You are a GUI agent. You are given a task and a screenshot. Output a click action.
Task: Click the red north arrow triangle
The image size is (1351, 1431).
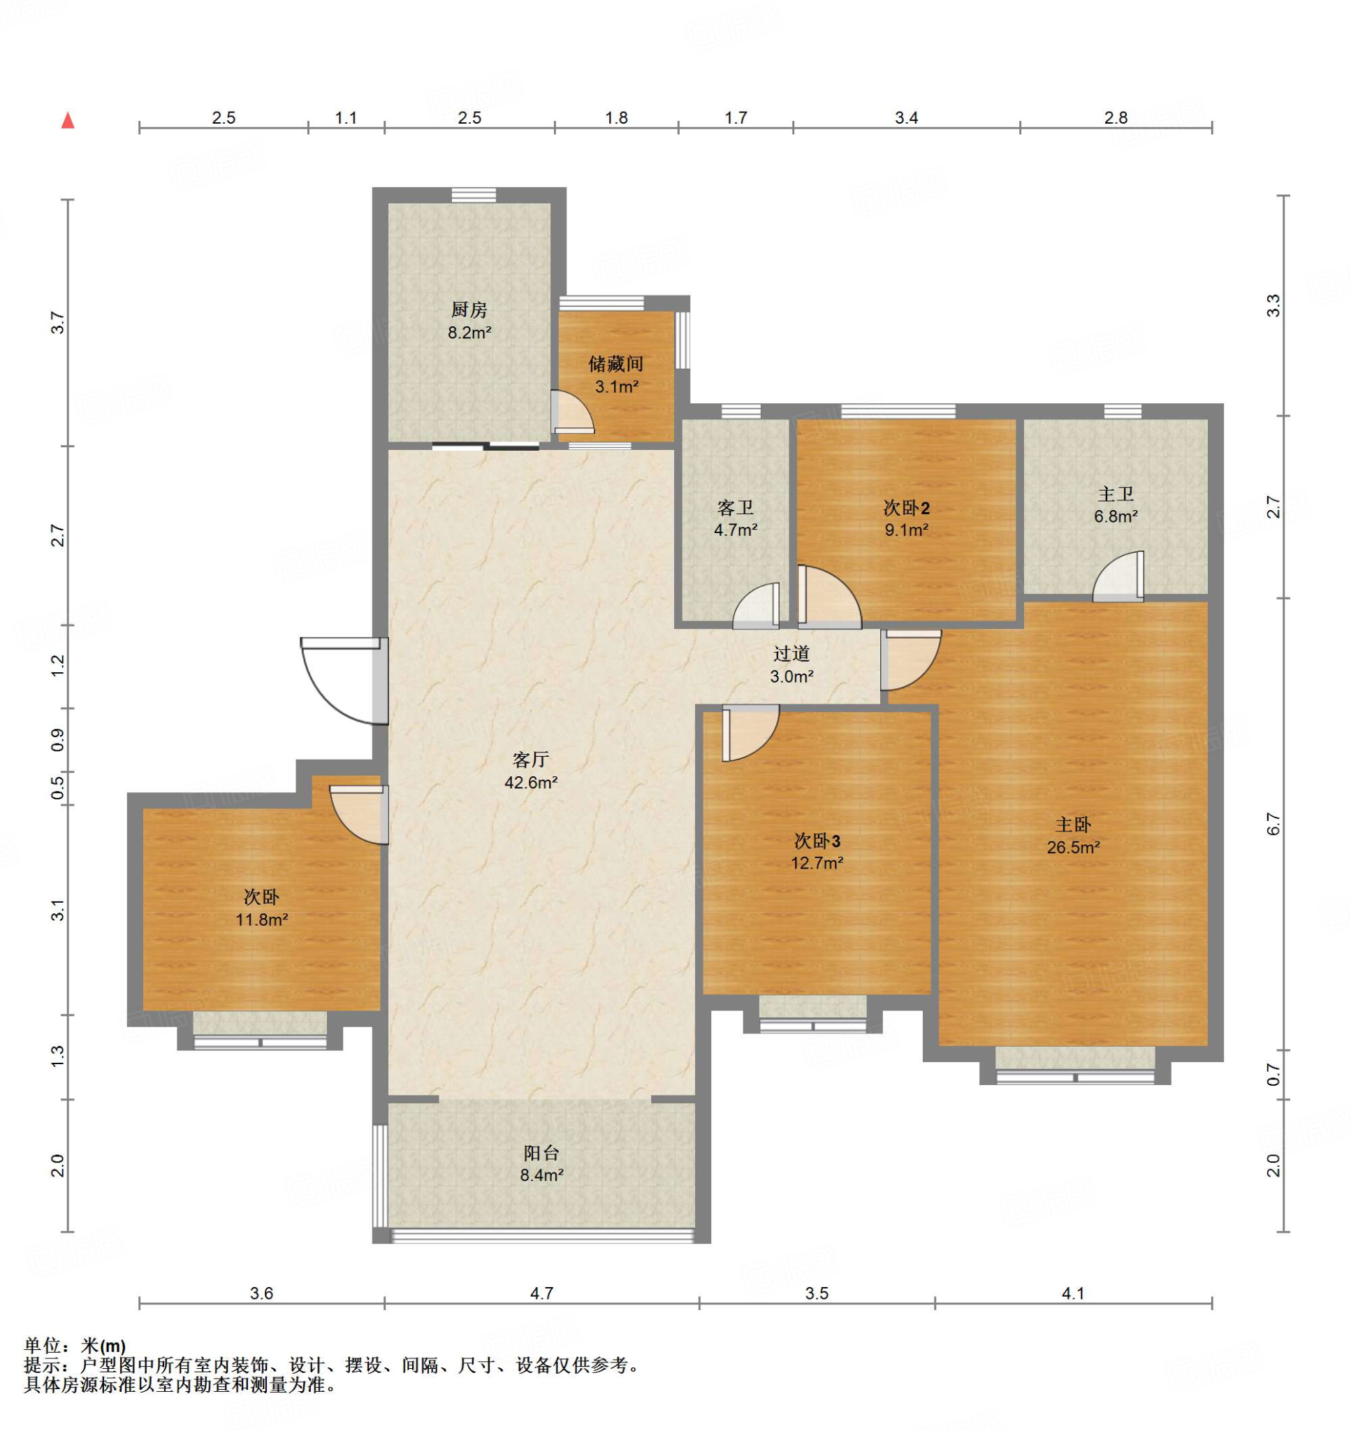click(x=68, y=120)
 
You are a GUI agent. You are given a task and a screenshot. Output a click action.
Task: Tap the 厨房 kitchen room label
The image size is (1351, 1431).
click(x=469, y=310)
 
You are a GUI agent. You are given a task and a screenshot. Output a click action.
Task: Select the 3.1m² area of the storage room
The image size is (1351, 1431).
click(x=616, y=386)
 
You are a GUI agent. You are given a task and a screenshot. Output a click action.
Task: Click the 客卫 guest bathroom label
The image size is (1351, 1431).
click(x=736, y=508)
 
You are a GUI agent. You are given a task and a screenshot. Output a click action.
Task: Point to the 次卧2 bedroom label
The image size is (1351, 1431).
click(x=906, y=508)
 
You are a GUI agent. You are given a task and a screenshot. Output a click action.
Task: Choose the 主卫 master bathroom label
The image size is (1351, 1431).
click(x=1116, y=494)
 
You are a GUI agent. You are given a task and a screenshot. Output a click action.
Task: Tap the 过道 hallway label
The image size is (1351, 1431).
click(x=791, y=653)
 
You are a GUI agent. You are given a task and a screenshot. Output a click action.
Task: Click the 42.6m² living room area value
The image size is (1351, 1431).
click(x=532, y=783)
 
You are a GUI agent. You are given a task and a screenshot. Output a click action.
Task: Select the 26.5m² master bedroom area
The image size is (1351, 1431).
click(x=1073, y=848)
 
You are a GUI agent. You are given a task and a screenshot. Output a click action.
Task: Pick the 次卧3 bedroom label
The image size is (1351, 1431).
click(x=817, y=841)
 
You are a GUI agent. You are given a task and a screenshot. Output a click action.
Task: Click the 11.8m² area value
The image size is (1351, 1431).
click(x=262, y=920)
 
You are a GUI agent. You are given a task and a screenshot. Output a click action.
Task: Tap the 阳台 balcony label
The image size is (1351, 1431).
click(x=541, y=1153)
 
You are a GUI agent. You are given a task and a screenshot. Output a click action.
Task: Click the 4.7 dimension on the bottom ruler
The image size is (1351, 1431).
click(x=541, y=1314)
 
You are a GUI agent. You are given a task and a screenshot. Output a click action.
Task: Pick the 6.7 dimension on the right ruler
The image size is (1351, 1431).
click(x=1274, y=824)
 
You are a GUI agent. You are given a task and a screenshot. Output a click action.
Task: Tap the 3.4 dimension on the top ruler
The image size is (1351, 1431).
click(x=906, y=117)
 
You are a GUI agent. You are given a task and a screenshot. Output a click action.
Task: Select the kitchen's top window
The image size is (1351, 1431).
click(x=474, y=194)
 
